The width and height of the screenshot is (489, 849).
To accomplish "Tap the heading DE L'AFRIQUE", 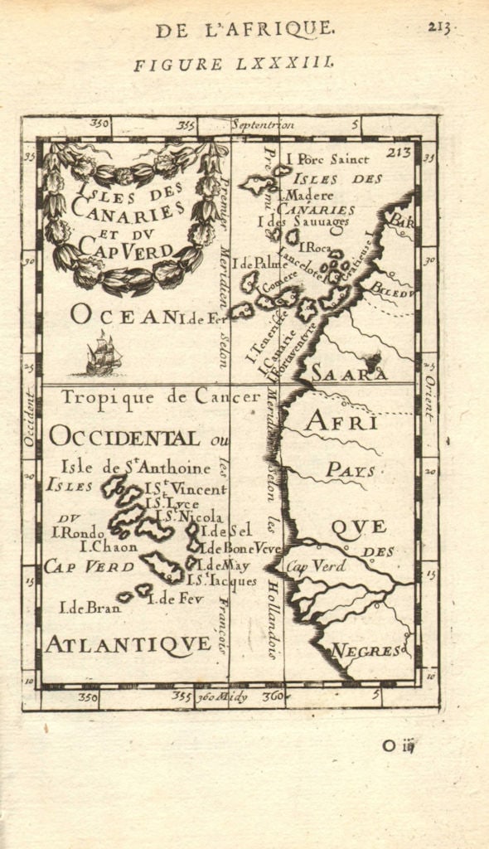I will tap(245, 30).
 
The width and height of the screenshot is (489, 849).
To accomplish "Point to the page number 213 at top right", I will tap(438, 27).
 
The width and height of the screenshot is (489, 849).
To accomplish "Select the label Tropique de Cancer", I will tap(161, 397).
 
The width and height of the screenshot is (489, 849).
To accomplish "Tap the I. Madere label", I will tap(301, 195).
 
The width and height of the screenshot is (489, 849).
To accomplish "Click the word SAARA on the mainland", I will tap(348, 375).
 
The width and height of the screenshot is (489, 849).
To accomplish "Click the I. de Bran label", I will tap(90, 607).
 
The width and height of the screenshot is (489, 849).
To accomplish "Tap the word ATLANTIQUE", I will tap(128, 643).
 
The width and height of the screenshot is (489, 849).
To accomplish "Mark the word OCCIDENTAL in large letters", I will tap(123, 437).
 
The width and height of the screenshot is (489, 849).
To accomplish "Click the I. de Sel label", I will tap(225, 531).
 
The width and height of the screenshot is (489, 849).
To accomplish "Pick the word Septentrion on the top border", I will tap(263, 125).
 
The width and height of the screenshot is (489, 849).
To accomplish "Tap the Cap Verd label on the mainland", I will tap(316, 567).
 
